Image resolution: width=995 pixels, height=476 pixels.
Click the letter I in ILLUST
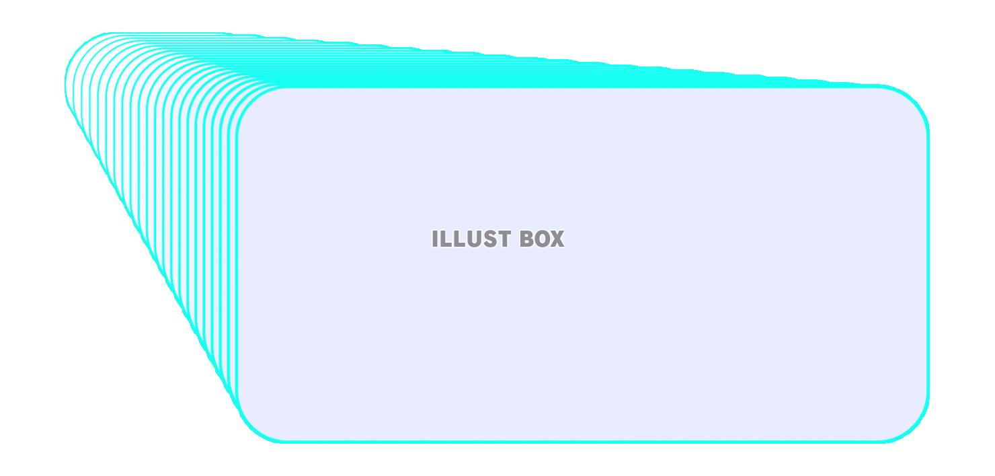point(435,239)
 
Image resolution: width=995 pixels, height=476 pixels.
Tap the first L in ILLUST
point(446,239)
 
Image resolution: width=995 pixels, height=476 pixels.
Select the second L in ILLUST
point(459,239)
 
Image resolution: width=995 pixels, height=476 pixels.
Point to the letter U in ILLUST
point(473,239)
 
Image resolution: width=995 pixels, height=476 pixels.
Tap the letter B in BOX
point(527,239)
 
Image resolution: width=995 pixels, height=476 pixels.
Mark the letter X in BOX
point(557,239)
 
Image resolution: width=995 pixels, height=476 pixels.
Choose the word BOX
point(543,239)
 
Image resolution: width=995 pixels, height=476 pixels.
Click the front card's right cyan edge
point(928,264)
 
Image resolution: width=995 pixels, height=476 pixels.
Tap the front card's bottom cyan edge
point(582,442)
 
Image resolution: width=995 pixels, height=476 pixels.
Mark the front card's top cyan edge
point(582,87)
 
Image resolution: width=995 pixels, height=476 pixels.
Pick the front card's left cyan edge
point(237,264)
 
